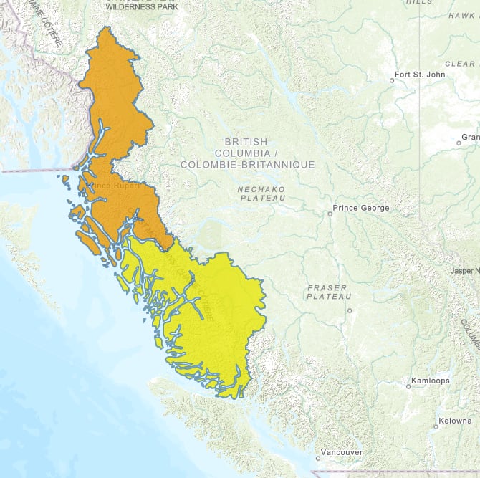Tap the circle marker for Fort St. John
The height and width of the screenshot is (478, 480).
click(392, 80)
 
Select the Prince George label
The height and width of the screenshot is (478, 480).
click(363, 208)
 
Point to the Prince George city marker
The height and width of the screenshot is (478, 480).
click(330, 214)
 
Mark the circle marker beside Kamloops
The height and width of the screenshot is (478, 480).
click(408, 386)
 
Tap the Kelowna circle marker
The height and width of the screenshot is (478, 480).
click(435, 426)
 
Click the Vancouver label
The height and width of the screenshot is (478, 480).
click(342, 452)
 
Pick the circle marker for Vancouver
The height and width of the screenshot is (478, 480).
click(318, 458)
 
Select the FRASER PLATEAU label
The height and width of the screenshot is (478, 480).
click(329, 291)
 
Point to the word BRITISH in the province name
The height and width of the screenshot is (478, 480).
click(245, 142)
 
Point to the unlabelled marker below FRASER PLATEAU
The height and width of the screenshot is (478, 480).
click(350, 310)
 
